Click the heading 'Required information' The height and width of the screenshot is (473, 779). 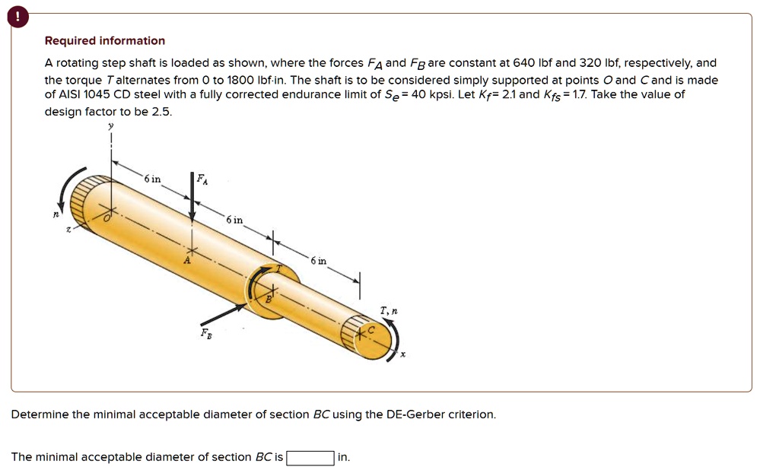[x=104, y=41]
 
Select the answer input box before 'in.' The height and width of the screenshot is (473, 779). [x=310, y=458]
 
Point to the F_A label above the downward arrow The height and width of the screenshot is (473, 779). [x=202, y=179]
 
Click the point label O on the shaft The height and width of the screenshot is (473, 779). [x=108, y=219]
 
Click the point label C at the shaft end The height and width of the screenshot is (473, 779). [x=372, y=332]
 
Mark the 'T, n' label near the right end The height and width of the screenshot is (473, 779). [x=389, y=310]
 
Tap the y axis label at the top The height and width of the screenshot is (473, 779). [x=111, y=126]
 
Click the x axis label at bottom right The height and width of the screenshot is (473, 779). [x=403, y=354]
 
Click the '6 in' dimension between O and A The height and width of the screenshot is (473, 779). [x=153, y=179]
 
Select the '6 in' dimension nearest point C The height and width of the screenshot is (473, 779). [x=318, y=261]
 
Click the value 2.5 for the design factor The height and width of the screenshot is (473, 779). [x=161, y=111]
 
